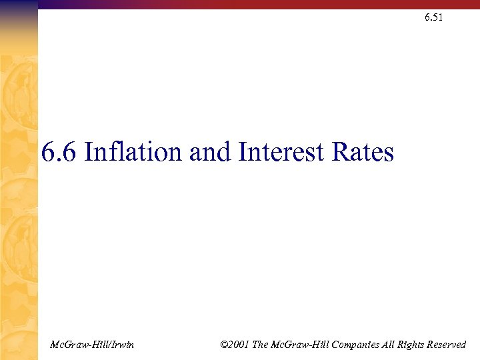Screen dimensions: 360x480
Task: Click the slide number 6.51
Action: tap(433, 17)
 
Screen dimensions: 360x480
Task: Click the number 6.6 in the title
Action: tap(59, 153)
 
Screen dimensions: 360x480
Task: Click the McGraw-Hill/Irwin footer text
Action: tap(92, 345)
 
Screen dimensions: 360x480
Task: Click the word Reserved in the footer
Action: tap(443, 345)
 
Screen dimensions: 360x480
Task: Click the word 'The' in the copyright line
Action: tap(263, 345)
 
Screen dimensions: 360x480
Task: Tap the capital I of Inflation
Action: tap(90, 153)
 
